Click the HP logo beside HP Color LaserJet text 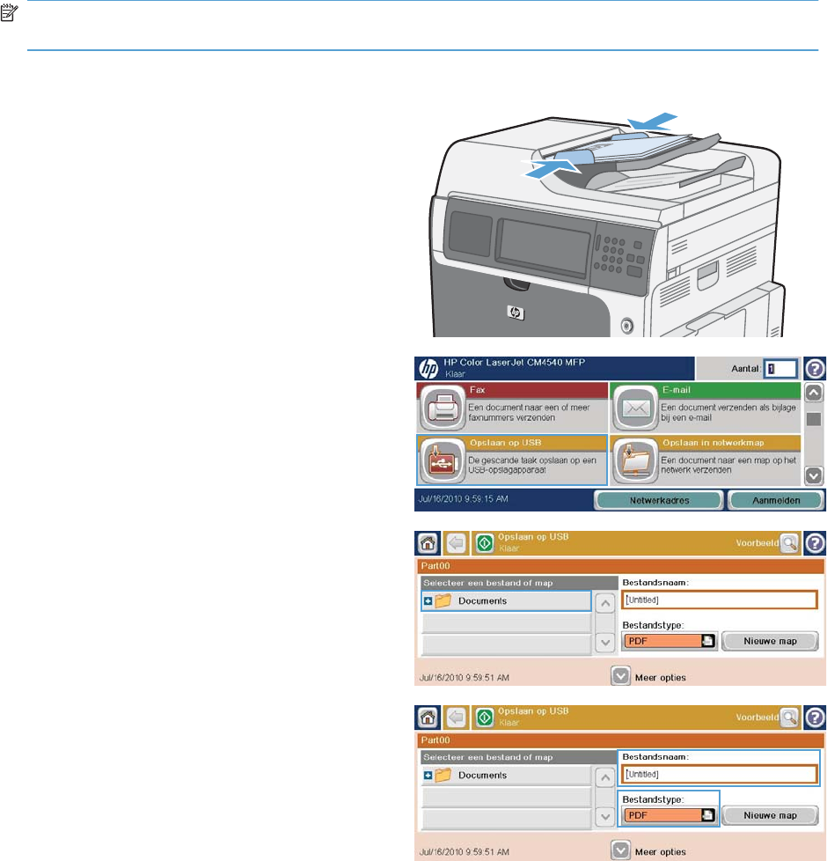pos(428,369)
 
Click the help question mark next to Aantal pos(816,368)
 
